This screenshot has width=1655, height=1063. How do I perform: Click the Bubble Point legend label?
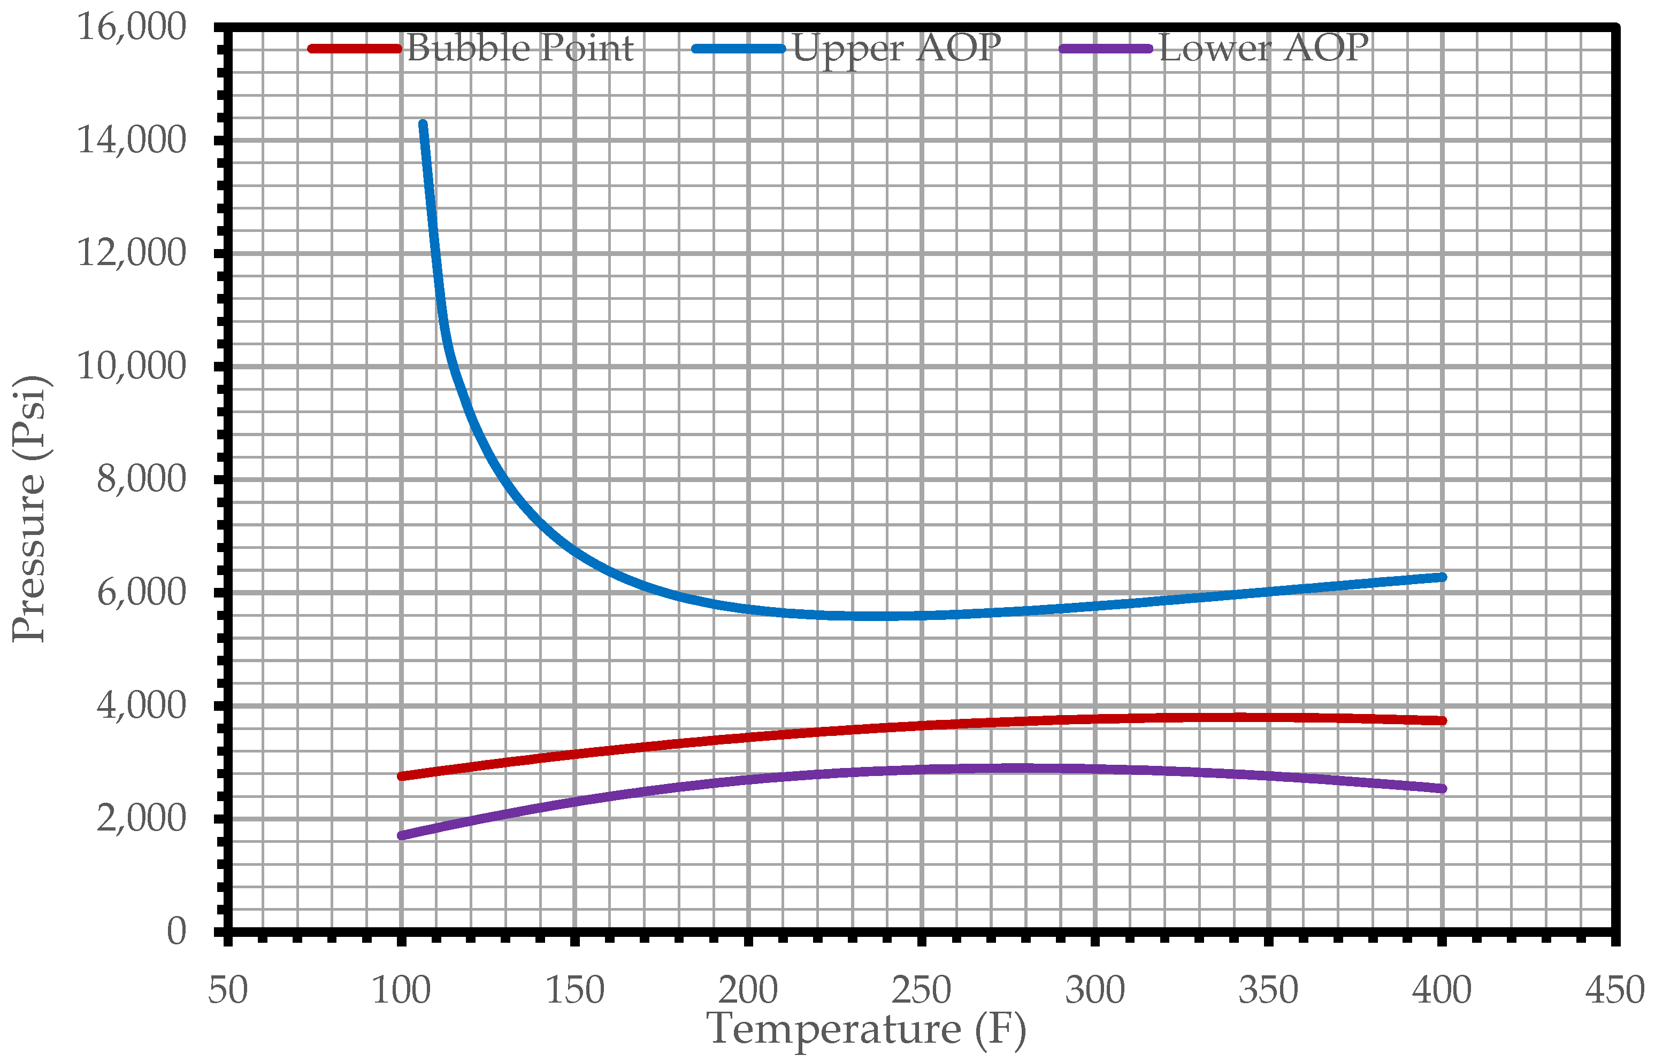[x=519, y=48]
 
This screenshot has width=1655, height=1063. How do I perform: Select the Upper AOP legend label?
[x=896, y=48]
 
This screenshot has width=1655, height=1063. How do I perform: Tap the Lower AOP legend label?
[x=1263, y=48]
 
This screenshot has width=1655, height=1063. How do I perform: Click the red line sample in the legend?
[x=354, y=48]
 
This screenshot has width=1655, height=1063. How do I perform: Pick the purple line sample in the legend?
[x=1105, y=48]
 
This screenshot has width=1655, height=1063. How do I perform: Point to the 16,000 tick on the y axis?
[x=131, y=28]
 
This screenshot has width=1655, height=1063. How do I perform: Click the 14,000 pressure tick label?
[x=131, y=140]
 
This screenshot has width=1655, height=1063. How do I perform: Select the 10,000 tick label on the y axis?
[x=131, y=366]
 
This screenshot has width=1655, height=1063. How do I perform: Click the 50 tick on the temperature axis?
[x=228, y=990]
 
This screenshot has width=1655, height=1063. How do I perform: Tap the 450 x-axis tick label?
[x=1614, y=990]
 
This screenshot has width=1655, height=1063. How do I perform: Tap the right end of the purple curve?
[x=1442, y=788]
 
